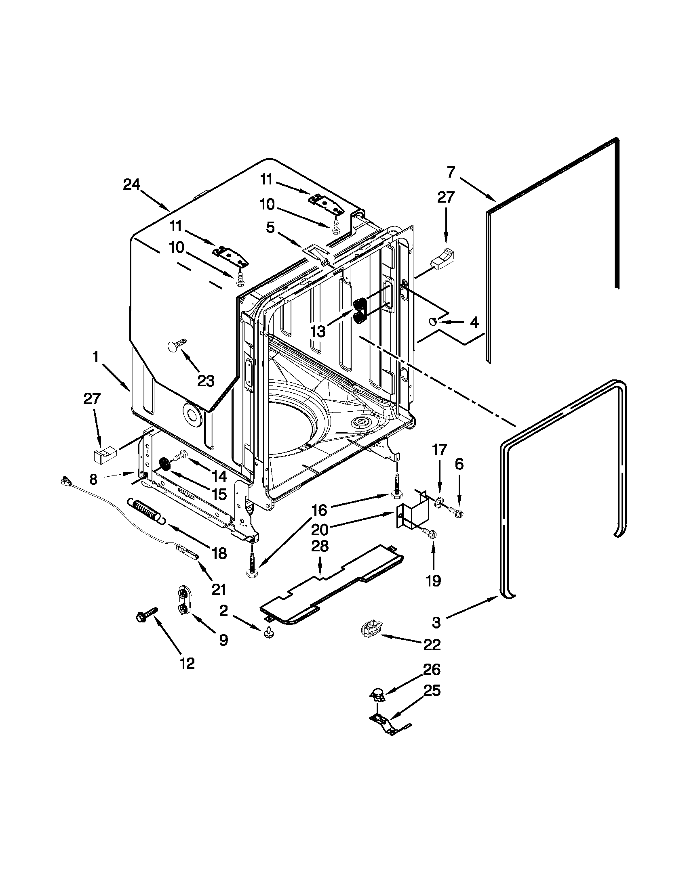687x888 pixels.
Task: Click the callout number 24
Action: (x=131, y=184)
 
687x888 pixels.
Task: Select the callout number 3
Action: (x=436, y=622)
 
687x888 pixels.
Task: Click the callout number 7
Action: (x=451, y=172)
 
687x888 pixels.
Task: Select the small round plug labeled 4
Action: (x=432, y=322)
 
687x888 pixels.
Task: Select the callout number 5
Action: (x=270, y=228)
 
